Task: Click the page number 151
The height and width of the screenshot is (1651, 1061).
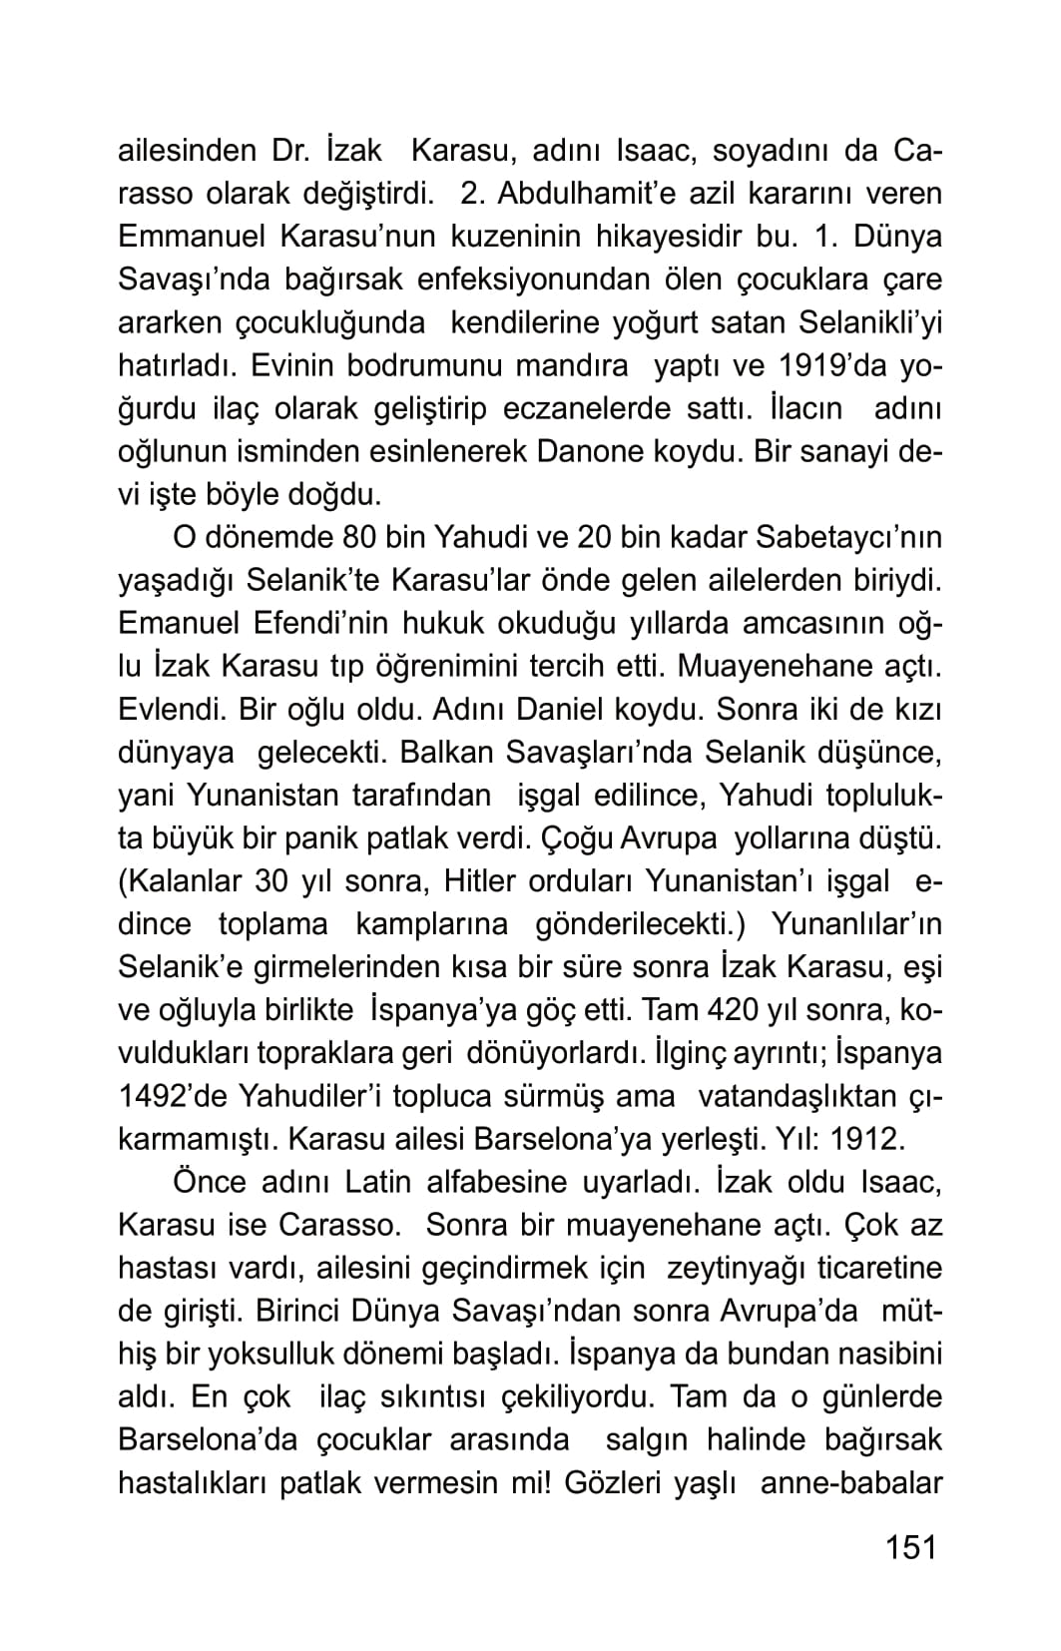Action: click(911, 1547)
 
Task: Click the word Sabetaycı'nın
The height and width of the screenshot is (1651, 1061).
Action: click(849, 537)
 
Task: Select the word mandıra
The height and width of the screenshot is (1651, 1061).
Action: click(571, 365)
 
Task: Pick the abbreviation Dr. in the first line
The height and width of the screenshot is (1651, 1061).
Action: click(293, 151)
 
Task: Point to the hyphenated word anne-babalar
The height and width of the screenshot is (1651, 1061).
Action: click(851, 1482)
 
